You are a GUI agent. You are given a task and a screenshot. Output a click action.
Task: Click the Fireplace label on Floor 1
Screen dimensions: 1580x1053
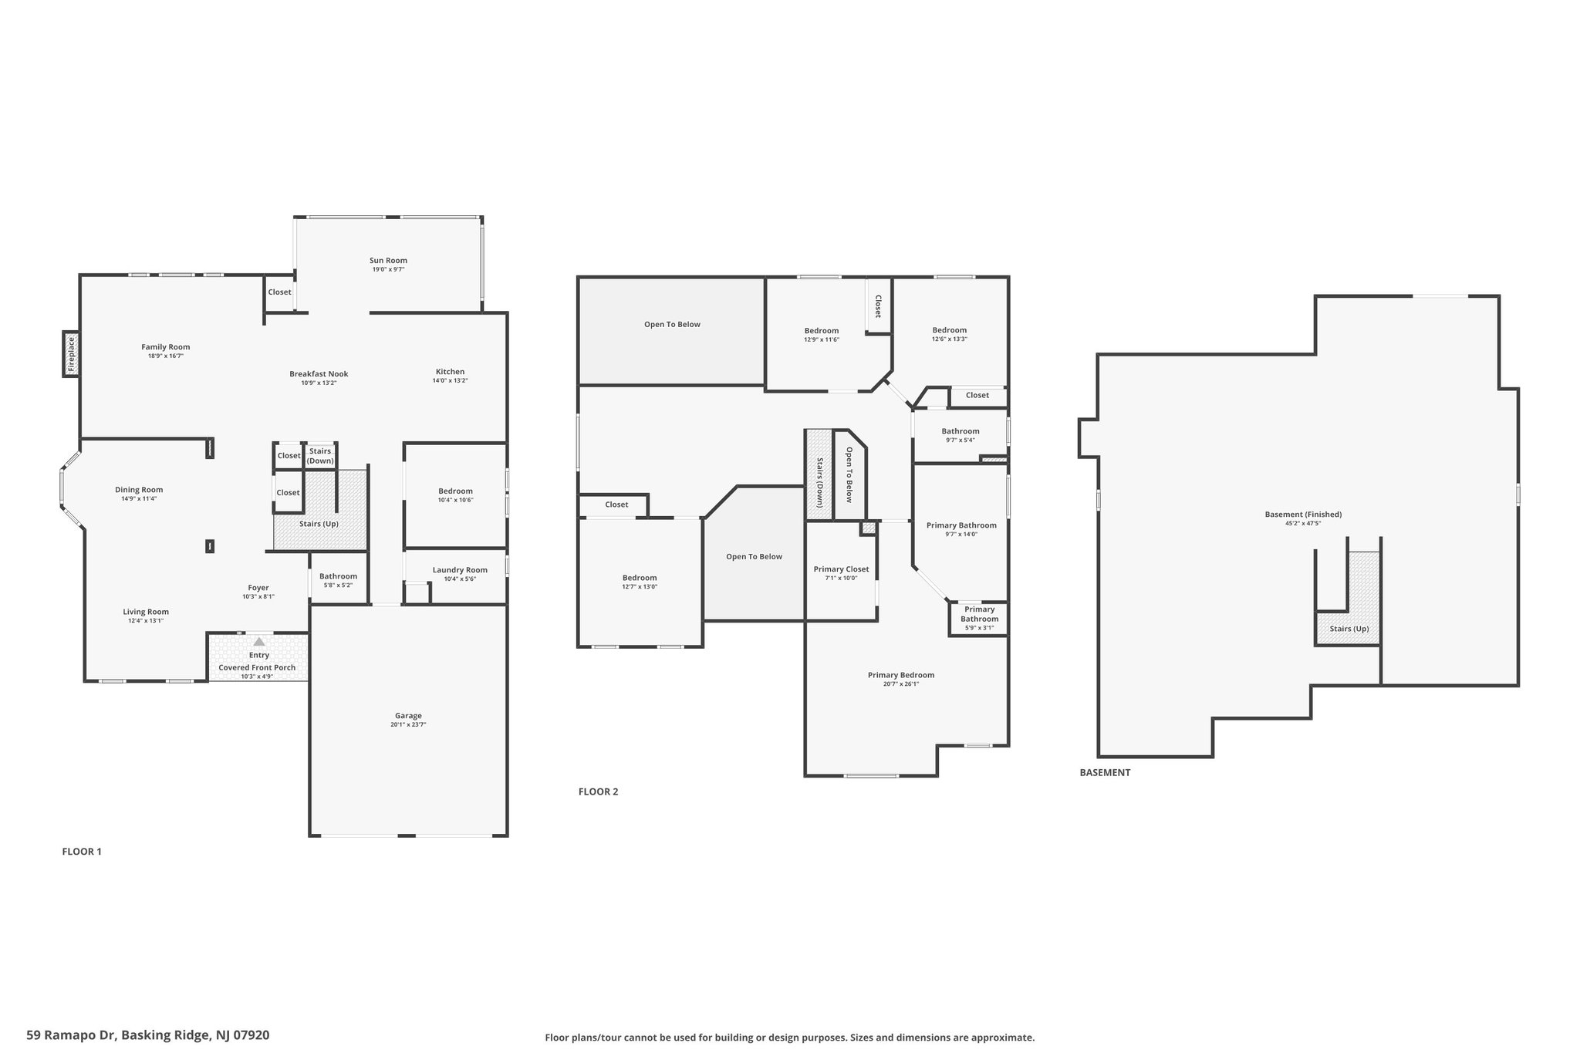coord(72,355)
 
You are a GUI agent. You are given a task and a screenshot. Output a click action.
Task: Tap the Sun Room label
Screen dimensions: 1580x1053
coord(388,261)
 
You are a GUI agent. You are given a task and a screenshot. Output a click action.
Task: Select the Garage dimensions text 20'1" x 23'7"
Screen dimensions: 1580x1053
coord(408,724)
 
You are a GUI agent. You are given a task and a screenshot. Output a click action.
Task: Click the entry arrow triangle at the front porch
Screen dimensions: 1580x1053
coord(259,641)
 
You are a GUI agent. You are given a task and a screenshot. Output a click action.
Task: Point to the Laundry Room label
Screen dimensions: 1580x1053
coord(460,570)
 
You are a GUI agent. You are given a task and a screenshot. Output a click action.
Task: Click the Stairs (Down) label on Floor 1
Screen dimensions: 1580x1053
coord(320,456)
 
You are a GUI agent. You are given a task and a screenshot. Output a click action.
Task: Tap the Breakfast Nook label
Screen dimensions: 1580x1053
coord(319,374)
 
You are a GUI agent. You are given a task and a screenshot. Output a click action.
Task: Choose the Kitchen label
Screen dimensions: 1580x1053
coord(450,372)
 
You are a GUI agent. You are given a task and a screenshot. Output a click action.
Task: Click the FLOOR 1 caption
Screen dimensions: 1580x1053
coord(82,852)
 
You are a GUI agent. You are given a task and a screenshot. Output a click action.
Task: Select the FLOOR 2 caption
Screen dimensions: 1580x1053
coord(599,791)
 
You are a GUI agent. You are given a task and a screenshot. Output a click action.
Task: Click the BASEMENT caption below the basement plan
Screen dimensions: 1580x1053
coord(1105,772)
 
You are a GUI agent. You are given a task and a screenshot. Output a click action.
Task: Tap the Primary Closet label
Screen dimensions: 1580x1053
coord(841,569)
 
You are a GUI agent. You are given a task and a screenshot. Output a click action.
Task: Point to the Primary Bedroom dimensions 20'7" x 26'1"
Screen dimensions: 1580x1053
coord(901,683)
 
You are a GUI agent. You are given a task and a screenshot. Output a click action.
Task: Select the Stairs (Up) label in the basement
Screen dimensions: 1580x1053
coord(1349,629)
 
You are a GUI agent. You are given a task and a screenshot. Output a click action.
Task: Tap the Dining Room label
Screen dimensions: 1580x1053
coord(139,490)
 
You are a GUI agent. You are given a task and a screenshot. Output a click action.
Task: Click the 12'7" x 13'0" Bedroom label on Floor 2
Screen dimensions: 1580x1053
coord(640,578)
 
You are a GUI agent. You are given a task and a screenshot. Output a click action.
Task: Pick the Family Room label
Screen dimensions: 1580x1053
coord(165,347)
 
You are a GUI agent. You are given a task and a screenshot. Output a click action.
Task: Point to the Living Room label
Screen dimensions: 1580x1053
coord(146,612)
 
